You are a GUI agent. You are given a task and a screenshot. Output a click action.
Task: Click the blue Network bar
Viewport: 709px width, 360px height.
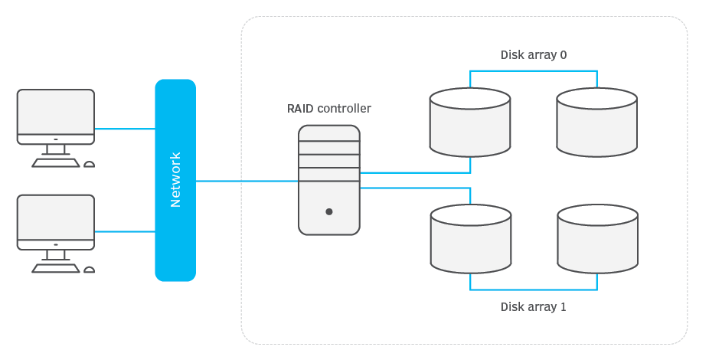[175, 230]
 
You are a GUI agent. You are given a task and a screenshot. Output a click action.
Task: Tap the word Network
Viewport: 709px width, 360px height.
[175, 180]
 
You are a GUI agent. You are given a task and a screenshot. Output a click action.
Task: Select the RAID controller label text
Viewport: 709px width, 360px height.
[328, 109]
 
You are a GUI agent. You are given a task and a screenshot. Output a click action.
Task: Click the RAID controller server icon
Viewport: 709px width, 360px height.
[329, 180]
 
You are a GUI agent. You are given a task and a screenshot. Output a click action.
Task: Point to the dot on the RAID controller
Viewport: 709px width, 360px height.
[329, 211]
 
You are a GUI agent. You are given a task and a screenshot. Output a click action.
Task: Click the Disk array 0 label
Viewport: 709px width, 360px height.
[533, 55]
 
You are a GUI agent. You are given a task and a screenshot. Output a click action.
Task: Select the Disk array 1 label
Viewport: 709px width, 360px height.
[533, 307]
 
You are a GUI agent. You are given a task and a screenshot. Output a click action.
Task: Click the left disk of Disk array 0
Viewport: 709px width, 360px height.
[470, 123]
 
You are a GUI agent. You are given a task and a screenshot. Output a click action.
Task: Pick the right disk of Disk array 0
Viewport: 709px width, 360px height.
[597, 123]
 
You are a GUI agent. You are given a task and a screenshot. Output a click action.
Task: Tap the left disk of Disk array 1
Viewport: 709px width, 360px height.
[471, 238]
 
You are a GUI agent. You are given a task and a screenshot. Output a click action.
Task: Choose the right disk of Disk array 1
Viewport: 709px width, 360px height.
[598, 238]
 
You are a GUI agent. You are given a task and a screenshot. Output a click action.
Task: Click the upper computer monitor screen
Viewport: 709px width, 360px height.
[56, 112]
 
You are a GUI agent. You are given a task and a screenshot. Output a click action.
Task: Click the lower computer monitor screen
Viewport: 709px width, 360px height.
[56, 217]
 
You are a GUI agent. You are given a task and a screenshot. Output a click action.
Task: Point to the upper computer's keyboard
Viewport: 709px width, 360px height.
[55, 163]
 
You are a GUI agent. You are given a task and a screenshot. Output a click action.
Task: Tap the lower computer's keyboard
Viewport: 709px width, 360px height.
[55, 268]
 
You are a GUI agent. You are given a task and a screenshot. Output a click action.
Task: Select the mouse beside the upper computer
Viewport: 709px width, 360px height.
[90, 164]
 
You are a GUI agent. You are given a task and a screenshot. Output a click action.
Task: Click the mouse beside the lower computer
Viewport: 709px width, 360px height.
[90, 269]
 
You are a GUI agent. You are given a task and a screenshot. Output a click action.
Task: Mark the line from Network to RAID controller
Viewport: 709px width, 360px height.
[247, 182]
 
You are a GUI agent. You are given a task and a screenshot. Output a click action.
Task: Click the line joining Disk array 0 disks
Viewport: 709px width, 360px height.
[533, 71]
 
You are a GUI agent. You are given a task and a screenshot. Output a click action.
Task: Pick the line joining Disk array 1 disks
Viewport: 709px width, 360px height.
[533, 290]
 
